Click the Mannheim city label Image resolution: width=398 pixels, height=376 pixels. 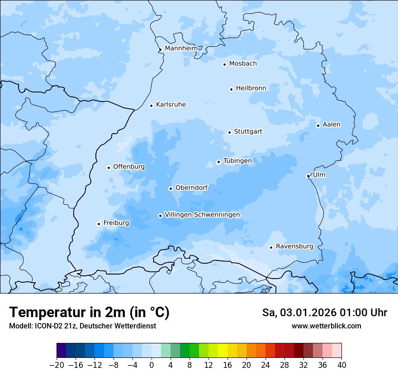pos(181,48)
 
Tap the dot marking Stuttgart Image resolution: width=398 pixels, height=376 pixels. pos(229,132)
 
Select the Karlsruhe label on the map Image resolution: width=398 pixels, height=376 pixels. pos(171,105)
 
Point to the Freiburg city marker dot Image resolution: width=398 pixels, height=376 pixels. pos(99,224)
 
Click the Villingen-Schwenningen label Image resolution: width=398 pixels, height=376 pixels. pos(202,215)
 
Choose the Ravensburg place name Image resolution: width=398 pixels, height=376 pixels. pos(294,246)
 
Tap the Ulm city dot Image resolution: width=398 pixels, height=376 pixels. pos(308,176)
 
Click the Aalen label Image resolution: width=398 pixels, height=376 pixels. pos(332,125)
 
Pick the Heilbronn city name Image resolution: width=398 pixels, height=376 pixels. pos(251,88)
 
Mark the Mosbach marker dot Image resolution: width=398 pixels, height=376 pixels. pos(224,64)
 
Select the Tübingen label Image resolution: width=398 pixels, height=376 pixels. pos(237,161)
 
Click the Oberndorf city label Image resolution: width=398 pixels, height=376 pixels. pos(191,188)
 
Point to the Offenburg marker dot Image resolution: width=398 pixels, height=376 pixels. pos(109,168)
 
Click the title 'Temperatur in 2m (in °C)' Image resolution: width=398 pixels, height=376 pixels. pos(89,313)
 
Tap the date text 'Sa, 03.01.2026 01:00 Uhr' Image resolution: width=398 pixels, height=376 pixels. pos(324,313)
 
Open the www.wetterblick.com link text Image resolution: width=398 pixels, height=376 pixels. pos(326,326)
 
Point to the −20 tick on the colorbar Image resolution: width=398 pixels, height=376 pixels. pos(57,365)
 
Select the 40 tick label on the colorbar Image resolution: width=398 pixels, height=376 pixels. pos(341,365)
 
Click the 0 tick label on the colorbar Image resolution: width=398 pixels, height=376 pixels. pos(152,365)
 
